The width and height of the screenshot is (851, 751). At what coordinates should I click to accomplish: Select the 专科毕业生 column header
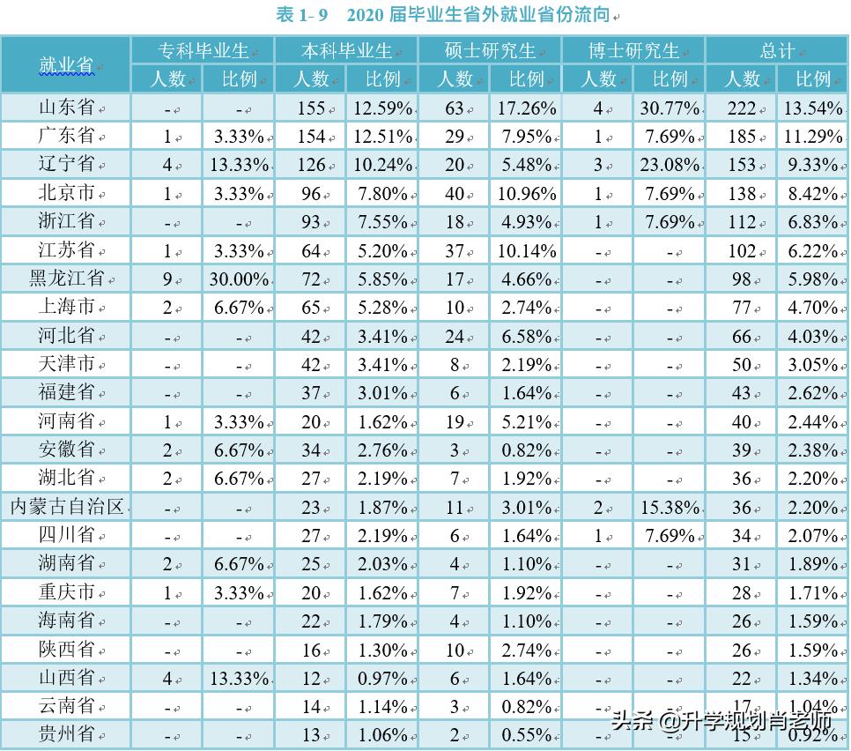[x=203, y=50]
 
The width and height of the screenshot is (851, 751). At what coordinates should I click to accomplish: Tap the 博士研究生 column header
[x=633, y=50]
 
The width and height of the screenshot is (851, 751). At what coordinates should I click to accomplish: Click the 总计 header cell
[x=777, y=50]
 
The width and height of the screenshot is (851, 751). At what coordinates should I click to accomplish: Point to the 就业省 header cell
[x=66, y=64]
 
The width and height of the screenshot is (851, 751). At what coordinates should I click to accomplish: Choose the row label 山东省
[x=66, y=108]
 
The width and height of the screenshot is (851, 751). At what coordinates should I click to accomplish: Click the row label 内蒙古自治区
[x=66, y=507]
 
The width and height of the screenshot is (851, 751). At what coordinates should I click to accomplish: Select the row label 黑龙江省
[x=66, y=279]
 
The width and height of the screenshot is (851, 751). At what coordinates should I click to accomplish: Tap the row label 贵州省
[x=66, y=734]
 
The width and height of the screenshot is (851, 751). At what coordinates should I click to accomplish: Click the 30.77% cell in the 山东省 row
[x=669, y=108]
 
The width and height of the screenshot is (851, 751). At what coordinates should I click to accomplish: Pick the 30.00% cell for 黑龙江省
[x=238, y=279]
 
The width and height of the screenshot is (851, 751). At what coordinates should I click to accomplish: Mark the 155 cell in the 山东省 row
[x=310, y=108]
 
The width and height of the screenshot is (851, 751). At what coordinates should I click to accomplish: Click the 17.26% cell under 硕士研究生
[x=526, y=108]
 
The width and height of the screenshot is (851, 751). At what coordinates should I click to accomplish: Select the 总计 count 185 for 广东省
[x=741, y=137]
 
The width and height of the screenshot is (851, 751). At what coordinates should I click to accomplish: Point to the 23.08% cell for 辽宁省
[x=669, y=165]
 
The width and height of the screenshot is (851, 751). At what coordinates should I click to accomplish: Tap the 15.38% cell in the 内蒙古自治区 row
[x=669, y=507]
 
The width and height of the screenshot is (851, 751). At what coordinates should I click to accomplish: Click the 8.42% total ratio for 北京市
[x=812, y=193]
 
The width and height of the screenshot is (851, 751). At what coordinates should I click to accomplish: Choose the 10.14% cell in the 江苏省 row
[x=526, y=250]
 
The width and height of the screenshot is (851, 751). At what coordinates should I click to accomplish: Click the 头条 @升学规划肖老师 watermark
[x=722, y=720]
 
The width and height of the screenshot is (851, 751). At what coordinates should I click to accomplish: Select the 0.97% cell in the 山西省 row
[x=381, y=678]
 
